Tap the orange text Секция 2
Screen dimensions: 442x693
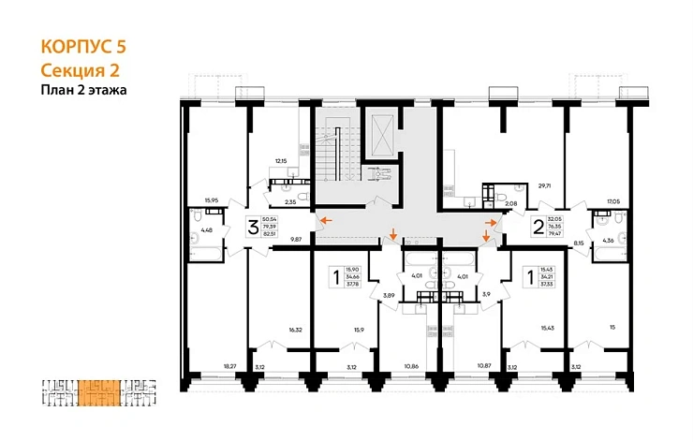pyautogui.click(x=81, y=69)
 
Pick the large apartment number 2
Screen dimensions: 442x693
pyautogui.click(x=538, y=226)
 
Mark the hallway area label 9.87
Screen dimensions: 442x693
pyautogui.click(x=297, y=241)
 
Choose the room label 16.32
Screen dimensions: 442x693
pyautogui.click(x=296, y=330)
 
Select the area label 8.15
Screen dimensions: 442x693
pyautogui.click(x=579, y=243)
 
